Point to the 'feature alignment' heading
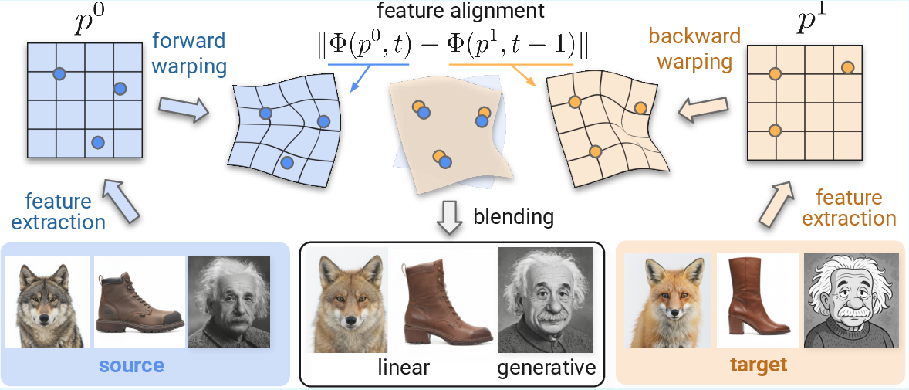click(456, 11)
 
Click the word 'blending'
click(513, 217)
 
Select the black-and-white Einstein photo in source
click(229, 302)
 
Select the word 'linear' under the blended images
click(403, 368)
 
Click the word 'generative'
click(547, 368)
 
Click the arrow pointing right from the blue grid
click(183, 108)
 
